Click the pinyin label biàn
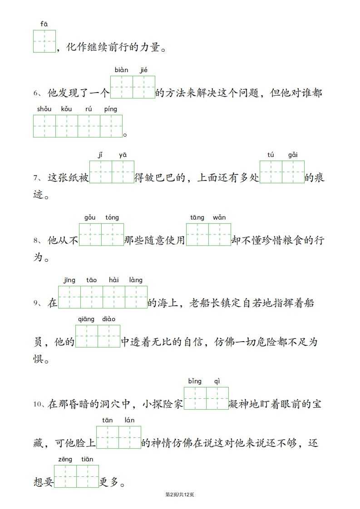121,70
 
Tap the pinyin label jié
144,70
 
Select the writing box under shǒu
44,126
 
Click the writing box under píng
111,126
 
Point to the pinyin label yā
123,155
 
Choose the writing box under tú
271,172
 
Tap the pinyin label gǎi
293,155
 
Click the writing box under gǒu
90,235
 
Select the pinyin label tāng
197,218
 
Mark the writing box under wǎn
220,235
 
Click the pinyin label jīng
69,280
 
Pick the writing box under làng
136,297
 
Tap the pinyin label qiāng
86,319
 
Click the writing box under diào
109,336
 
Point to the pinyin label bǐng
195,382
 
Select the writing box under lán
130,437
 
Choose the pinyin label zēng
65,460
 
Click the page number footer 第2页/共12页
180,494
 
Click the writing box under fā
44,41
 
